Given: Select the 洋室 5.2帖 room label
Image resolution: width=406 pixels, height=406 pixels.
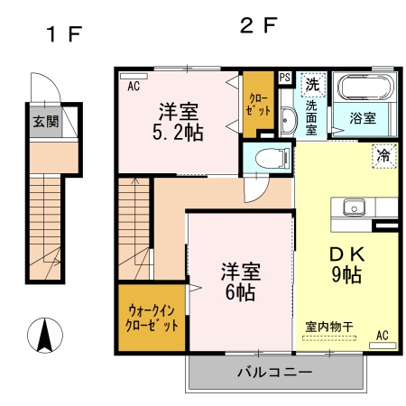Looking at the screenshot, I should [180, 123].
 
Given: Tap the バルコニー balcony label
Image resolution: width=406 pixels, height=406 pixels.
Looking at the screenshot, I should [275, 372].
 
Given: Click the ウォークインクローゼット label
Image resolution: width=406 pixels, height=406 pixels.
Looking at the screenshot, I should [152, 317].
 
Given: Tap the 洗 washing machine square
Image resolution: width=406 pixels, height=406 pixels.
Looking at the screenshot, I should [312, 84].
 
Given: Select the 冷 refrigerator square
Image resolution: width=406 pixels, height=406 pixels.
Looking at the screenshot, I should [383, 155].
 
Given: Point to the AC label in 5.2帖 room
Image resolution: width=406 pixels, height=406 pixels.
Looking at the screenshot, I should [133, 87].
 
